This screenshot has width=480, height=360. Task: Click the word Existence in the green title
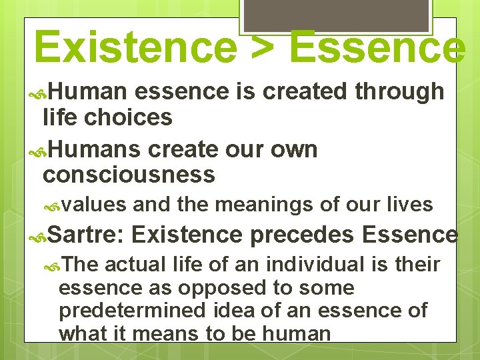click(x=134, y=47)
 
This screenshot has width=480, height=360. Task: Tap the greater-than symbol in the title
click(x=261, y=47)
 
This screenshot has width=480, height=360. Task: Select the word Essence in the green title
click(x=378, y=47)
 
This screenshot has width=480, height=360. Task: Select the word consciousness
click(x=129, y=175)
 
